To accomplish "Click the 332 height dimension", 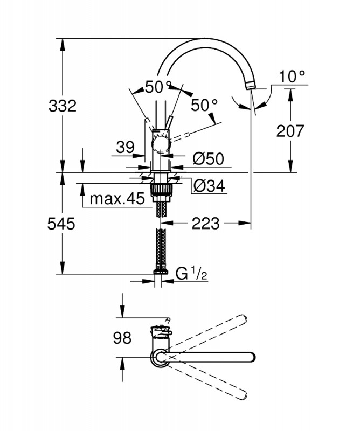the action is (63, 106).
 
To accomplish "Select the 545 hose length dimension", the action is (61, 224).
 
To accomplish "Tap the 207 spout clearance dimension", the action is (290, 131).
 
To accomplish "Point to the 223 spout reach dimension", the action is (205, 223).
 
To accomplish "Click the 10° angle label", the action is (292, 76).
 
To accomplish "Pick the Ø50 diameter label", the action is (208, 158).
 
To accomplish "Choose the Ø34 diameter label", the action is (209, 186).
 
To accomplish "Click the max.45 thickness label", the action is (117, 198).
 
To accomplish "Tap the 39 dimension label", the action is (125, 147).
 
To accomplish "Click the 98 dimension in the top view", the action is (122, 338).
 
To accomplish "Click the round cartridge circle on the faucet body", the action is (162, 145).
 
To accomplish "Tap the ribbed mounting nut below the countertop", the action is (161, 190).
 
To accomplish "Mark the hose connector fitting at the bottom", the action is (161, 270).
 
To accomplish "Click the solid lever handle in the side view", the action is (169, 123).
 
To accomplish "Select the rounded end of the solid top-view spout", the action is (251, 357).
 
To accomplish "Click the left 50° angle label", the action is (157, 87).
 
